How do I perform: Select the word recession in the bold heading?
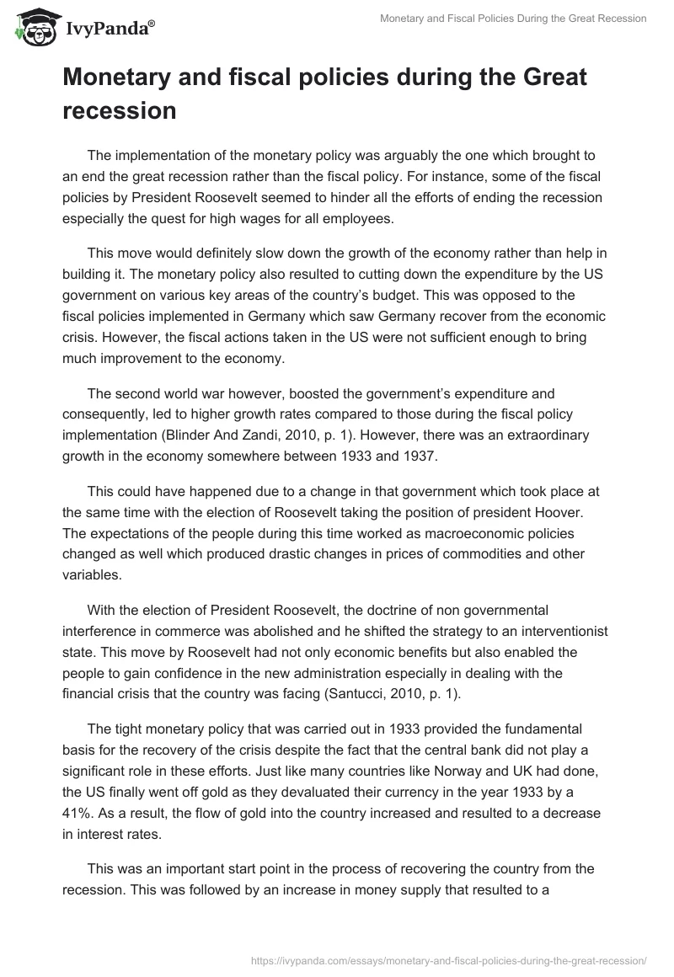[x=119, y=110]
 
